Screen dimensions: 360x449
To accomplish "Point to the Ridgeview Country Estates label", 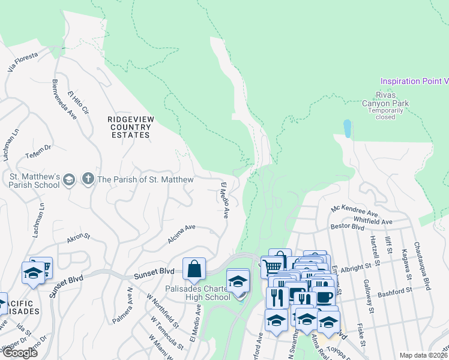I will [128, 127].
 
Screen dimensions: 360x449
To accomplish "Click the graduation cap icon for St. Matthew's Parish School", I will [70, 179].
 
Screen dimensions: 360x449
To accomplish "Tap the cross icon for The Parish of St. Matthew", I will [88, 179].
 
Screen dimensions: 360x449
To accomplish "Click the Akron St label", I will [78, 238].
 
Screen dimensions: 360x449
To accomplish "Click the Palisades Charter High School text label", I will [197, 293].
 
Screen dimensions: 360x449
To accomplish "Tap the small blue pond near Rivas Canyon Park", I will [347, 127].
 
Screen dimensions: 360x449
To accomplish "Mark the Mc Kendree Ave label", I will [354, 211].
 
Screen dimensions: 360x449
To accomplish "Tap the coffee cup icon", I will [324, 298].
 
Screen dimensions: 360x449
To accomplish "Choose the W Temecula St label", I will [167, 333].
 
